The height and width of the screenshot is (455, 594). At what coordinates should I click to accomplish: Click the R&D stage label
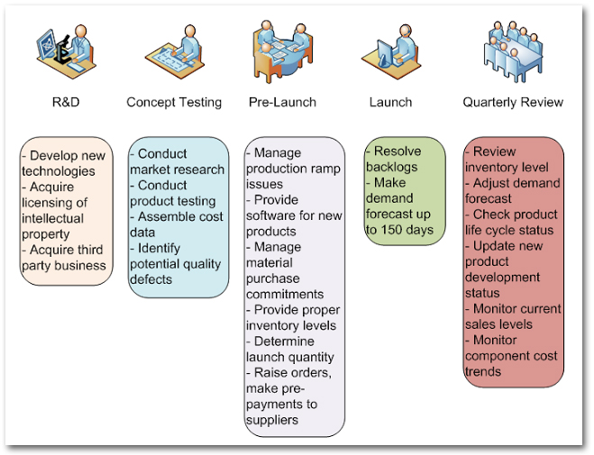click(x=66, y=102)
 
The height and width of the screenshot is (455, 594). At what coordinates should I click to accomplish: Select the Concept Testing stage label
click(x=174, y=102)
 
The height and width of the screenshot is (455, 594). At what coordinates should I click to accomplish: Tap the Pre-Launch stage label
click(x=282, y=102)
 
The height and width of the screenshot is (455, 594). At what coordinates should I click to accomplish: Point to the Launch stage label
click(x=390, y=102)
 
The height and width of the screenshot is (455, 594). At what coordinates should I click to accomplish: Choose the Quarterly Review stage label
click(x=513, y=102)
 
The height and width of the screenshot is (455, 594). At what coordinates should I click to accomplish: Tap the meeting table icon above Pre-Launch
click(x=282, y=51)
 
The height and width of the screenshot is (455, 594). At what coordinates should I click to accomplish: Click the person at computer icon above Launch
click(x=392, y=54)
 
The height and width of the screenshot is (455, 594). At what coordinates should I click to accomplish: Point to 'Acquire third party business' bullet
click(x=65, y=257)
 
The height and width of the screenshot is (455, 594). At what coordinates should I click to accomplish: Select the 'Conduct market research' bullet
click(x=178, y=162)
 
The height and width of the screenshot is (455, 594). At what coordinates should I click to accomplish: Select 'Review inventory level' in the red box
click(x=511, y=159)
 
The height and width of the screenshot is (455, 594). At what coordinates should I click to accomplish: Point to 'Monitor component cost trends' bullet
click(x=511, y=355)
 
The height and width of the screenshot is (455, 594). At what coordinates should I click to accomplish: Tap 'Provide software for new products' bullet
click(x=294, y=214)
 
